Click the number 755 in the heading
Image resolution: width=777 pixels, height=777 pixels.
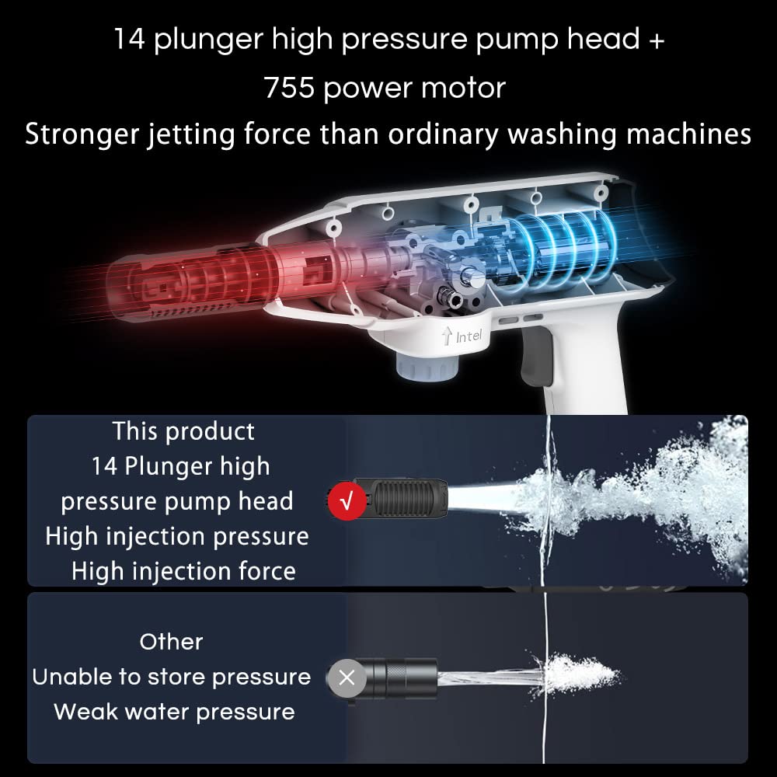pos(289,88)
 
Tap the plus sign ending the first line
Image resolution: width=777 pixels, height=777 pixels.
pos(657,40)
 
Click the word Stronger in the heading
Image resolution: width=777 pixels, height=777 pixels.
pos(82,134)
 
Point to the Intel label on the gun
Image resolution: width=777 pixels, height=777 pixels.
pos(469,336)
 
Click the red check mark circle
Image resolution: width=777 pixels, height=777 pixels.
pos(347,501)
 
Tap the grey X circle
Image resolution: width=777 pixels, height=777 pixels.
pos(347,678)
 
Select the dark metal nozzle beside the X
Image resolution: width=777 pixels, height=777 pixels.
pos(396,678)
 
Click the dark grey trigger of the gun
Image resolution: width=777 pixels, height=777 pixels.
pos(537,356)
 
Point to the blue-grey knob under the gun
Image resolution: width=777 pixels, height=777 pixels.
pos(427,368)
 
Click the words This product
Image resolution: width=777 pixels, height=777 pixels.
pos(183,431)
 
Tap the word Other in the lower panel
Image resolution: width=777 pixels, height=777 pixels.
pos(172,643)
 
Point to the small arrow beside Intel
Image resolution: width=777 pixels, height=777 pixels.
pos(447,335)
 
